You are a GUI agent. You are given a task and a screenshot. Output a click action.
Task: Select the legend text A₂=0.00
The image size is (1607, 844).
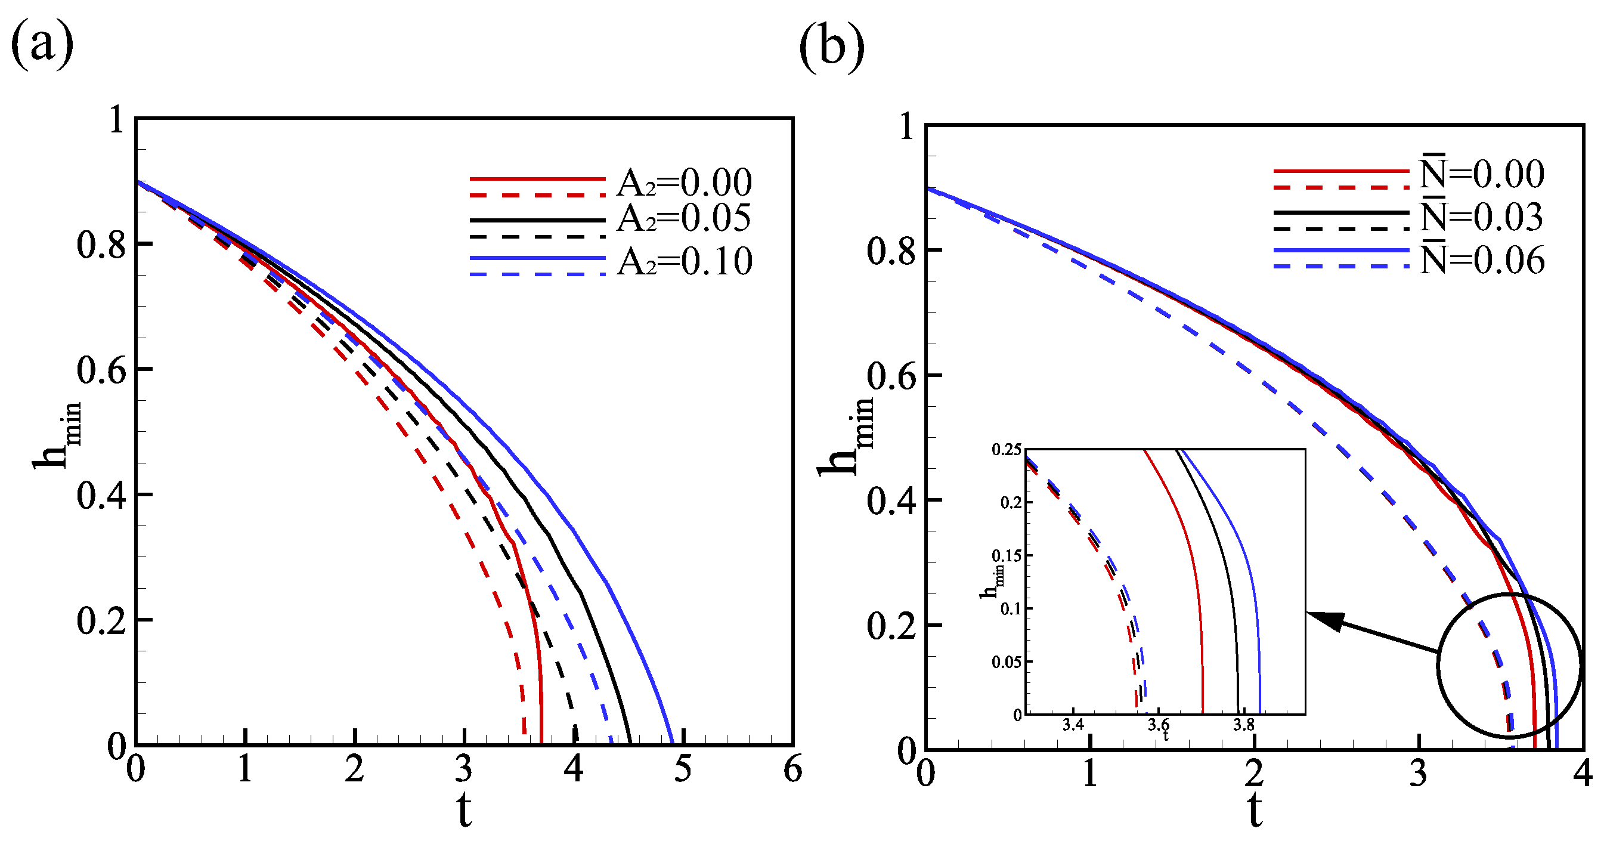click(x=685, y=183)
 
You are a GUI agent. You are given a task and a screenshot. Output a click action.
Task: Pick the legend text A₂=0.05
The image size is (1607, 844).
click(x=684, y=218)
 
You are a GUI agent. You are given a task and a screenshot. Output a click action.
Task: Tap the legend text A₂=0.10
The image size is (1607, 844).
click(x=685, y=261)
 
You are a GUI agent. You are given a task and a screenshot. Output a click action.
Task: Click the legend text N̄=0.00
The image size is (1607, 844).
click(x=1482, y=173)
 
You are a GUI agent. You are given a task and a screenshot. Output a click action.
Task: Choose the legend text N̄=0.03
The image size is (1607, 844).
click(x=1482, y=216)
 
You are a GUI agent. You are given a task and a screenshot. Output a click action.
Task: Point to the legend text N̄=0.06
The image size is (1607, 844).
click(x=1482, y=259)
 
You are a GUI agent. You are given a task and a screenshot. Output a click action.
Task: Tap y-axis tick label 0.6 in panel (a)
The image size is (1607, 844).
click(x=101, y=369)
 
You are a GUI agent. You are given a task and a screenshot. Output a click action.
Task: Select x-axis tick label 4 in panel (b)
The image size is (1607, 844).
click(x=1582, y=774)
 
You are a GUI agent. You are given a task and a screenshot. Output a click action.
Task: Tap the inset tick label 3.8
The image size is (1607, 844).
click(x=1243, y=724)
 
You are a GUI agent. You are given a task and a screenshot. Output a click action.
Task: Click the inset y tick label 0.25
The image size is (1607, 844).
click(x=1007, y=450)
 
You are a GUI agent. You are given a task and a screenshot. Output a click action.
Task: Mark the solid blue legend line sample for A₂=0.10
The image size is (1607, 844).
click(x=537, y=258)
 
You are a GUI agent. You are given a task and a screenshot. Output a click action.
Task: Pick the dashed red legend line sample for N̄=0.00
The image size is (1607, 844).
click(x=1341, y=187)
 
